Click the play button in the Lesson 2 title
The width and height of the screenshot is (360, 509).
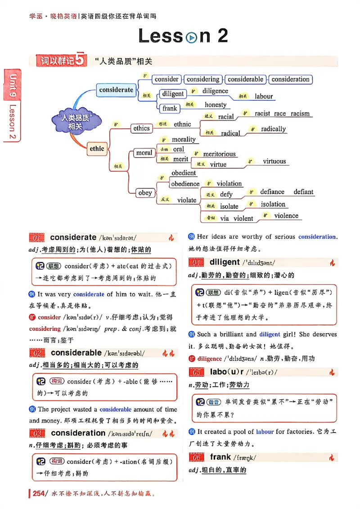tap(191, 37)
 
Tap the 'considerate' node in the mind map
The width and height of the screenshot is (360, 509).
tap(116, 90)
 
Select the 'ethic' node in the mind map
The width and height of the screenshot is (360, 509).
tap(97, 149)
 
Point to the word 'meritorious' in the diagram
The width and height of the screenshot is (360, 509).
tap(219, 154)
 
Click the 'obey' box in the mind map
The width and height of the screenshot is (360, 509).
tap(145, 193)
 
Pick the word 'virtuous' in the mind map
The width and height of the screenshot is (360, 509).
tap(274, 161)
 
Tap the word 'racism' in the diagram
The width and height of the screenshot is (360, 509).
tap(300, 113)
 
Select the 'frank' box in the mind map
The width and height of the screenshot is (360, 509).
tap(170, 108)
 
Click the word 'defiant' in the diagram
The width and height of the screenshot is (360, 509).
tap(303, 192)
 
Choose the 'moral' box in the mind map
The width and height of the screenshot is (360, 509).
tap(144, 153)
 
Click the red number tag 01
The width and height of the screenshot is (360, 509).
tap(37, 238)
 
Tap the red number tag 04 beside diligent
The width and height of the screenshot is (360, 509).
tap(196, 263)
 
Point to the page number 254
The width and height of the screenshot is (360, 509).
tap(39, 493)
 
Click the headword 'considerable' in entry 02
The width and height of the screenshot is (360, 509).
tap(76, 353)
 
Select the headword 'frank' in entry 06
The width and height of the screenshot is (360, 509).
tap(220, 457)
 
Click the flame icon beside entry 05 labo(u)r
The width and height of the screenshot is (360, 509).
tap(332, 372)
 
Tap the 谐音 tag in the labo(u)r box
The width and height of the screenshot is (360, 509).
tap(214, 402)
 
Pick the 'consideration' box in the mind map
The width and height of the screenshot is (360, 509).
tap(290, 79)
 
